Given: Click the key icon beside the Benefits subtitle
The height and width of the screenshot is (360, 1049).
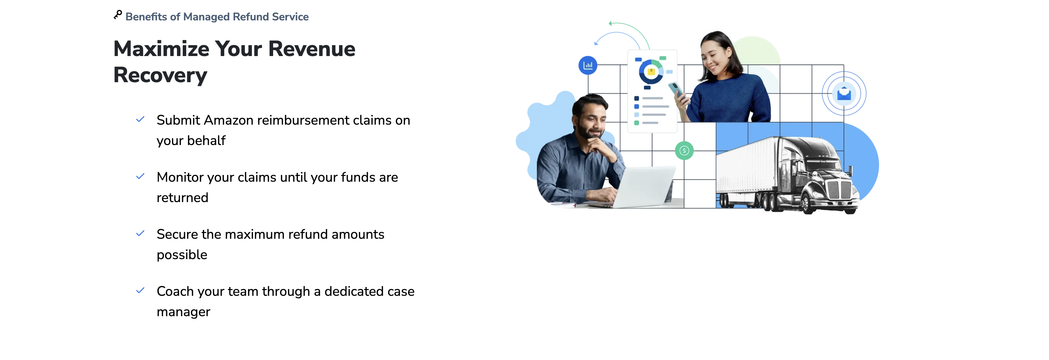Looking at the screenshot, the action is [118, 15].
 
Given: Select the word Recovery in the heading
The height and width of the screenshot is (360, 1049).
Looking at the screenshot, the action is [160, 76].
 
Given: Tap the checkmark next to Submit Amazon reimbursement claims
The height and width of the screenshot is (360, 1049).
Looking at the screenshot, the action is [140, 119].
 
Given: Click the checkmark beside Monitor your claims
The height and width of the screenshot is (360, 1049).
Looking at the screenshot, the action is [140, 176].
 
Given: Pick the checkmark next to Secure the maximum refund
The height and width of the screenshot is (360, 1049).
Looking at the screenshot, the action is [140, 233].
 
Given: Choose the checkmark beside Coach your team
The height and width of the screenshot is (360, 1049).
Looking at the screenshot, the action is [140, 290].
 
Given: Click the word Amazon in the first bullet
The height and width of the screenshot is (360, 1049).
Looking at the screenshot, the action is [229, 120].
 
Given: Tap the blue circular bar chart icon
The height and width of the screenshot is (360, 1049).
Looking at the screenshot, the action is [588, 65].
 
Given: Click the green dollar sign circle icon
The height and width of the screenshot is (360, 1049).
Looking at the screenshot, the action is [684, 151].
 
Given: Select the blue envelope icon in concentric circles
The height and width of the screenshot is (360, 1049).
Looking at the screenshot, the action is [844, 94].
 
